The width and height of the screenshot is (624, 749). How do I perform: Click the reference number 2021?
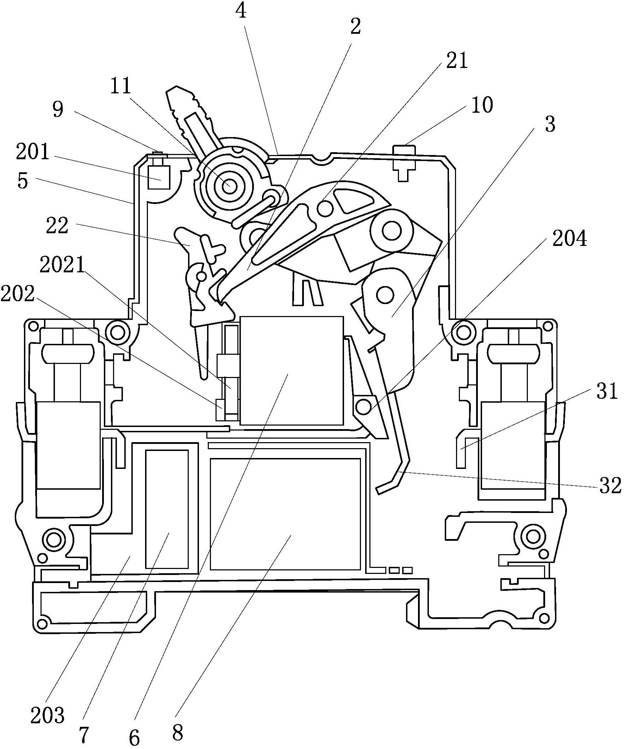[x=62, y=265]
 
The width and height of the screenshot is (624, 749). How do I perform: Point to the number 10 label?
[x=482, y=105]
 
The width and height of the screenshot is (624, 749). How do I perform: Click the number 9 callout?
[x=58, y=109]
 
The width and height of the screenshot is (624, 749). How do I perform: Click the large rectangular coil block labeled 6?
[x=292, y=371]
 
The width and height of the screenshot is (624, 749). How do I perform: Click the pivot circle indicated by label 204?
[x=363, y=407]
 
